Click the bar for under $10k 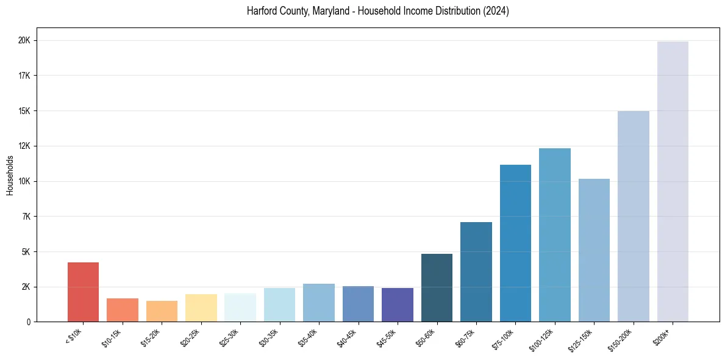tap(83, 292)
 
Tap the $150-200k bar tap(634, 217)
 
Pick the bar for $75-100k tap(515, 243)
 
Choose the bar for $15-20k tap(162, 311)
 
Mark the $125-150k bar tap(594, 250)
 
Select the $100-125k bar tap(555, 235)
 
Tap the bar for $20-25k tap(201, 308)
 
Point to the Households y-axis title tap(10, 175)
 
